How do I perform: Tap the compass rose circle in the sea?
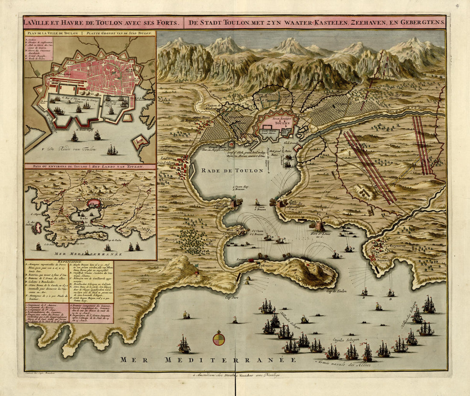pyautogui.click(x=219, y=338)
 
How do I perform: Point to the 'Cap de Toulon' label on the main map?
pyautogui.click(x=337, y=291)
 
